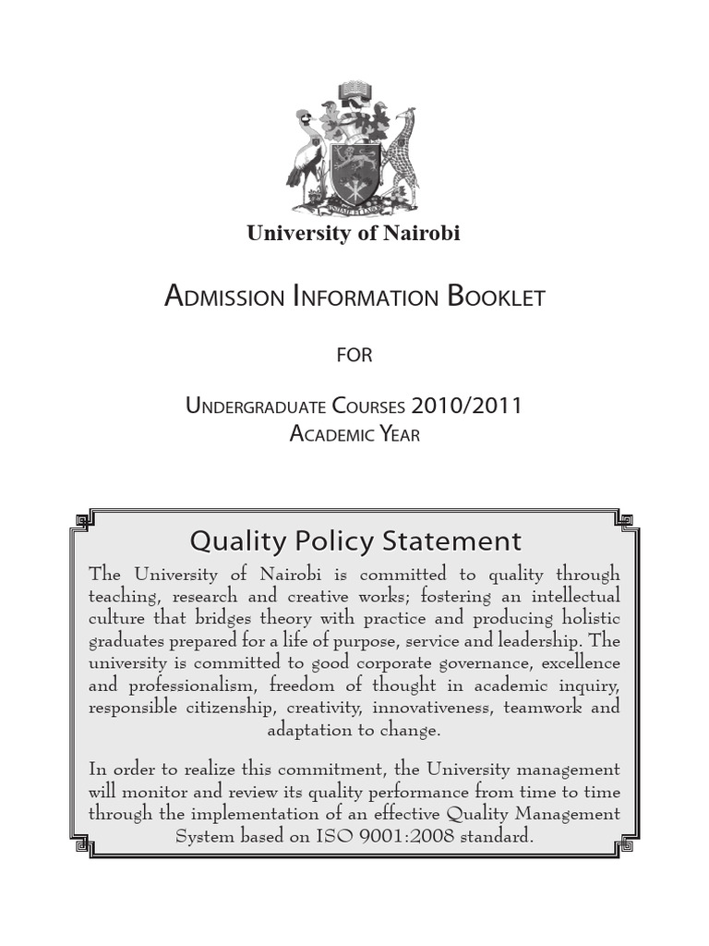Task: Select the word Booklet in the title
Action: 496,297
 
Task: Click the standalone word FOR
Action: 354,355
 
